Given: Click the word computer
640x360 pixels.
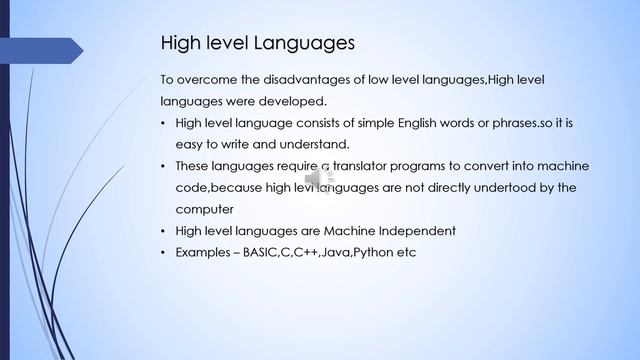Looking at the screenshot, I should (x=204, y=209).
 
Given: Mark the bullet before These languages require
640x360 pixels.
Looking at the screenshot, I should (x=164, y=165).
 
